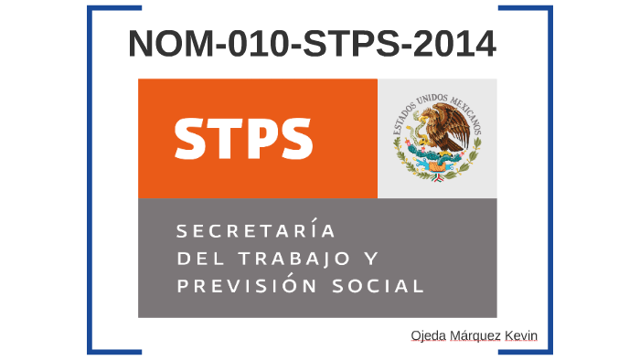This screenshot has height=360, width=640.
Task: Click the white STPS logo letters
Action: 243,138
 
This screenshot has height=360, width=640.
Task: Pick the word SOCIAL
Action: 379,286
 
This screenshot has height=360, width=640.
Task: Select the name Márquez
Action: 475,337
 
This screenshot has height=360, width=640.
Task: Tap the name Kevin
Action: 522,337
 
